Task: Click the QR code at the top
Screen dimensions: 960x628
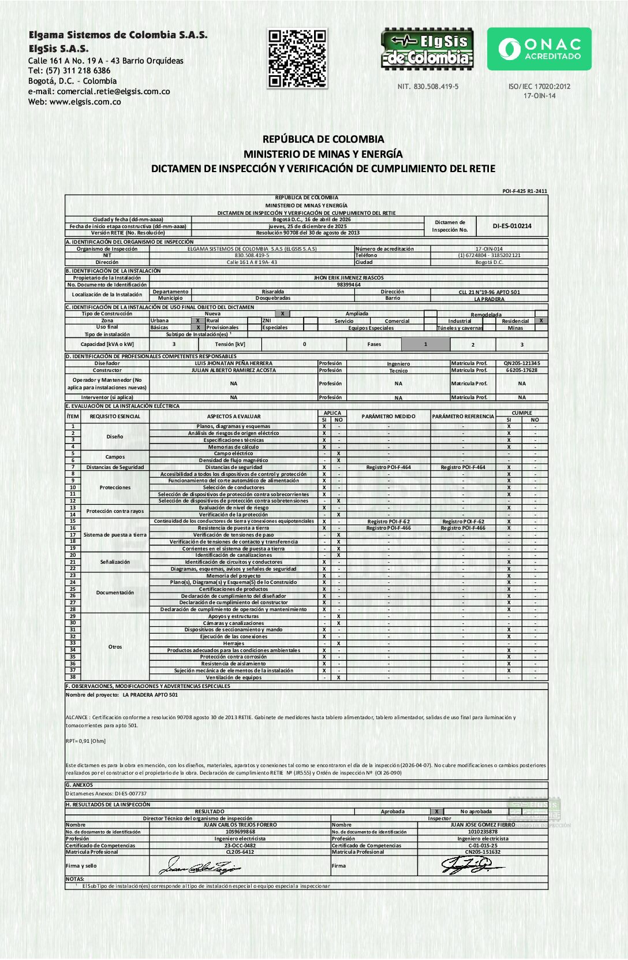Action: click(x=298, y=58)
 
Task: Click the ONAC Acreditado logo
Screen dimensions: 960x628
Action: click(x=539, y=49)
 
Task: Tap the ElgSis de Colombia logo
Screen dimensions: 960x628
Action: click(x=427, y=49)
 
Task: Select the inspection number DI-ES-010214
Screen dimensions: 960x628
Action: click(x=512, y=226)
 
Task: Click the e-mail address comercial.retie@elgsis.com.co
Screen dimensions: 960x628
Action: click(x=113, y=91)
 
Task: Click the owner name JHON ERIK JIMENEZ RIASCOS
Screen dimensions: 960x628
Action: click(x=349, y=278)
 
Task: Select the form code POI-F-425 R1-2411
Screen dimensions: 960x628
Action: click(x=525, y=191)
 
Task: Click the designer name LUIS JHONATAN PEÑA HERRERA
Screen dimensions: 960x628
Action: click(x=233, y=363)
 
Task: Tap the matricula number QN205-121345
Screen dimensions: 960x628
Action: click(x=522, y=363)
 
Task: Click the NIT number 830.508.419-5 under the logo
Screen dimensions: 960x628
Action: click(x=428, y=87)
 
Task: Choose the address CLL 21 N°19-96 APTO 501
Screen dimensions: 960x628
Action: click(x=489, y=292)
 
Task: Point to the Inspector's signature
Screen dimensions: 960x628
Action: click(x=470, y=865)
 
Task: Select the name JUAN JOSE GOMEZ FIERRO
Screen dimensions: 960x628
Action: click(x=483, y=825)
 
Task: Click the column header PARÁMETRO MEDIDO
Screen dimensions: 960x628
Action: click(x=388, y=416)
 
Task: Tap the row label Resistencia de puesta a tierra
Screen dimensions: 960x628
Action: click(x=233, y=528)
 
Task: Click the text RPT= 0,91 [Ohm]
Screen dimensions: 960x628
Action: click(x=85, y=741)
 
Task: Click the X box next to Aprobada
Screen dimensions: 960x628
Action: click(x=437, y=812)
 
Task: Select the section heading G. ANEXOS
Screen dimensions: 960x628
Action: click(x=80, y=785)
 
